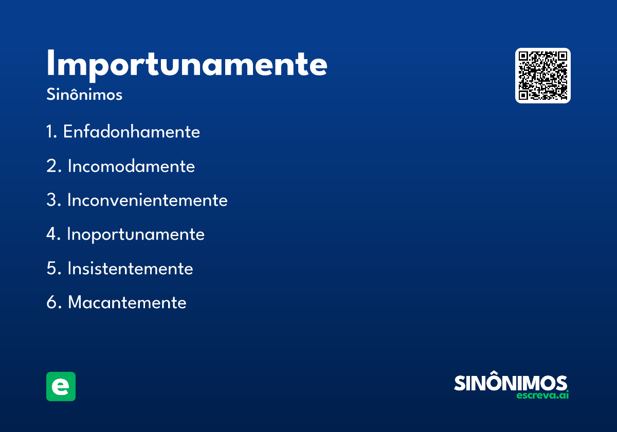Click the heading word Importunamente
pos(187,64)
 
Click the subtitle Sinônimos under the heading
pos(84,95)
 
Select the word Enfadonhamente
pos(131,132)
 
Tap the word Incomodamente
pos(131,166)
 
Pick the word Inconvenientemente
pos(147,200)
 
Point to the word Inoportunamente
pos(136,235)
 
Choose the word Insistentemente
pos(130,268)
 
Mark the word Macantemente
pos(127,302)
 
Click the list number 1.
pos(50,132)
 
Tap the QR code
pos(543,76)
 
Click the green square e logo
pos(61,386)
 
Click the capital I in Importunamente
pos(50,64)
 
